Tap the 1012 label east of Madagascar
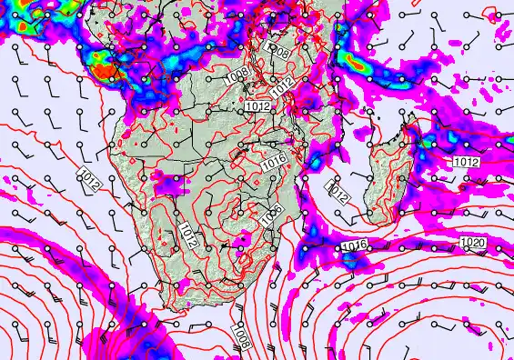(x=466, y=162)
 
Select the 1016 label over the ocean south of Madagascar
(x=354, y=246)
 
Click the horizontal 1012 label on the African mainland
(x=257, y=107)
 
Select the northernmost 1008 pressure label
(x=279, y=52)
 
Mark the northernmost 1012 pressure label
(x=284, y=85)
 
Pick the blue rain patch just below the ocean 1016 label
(x=351, y=261)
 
